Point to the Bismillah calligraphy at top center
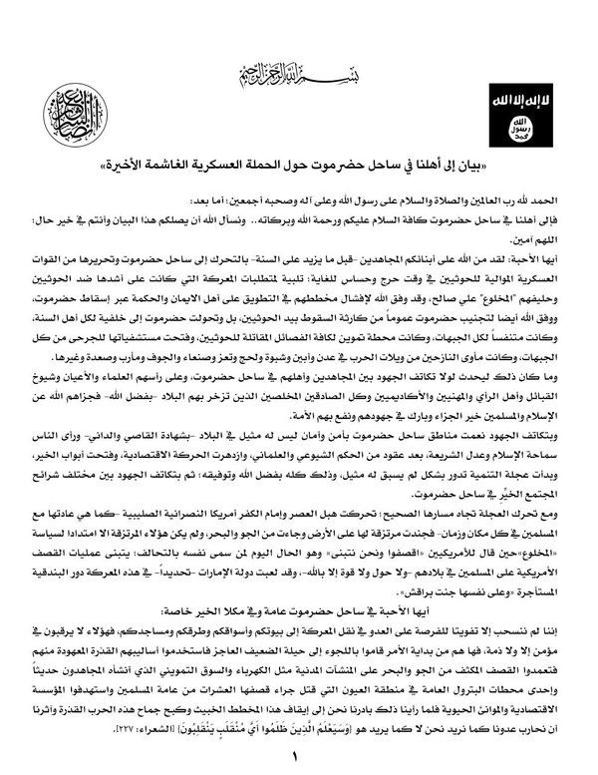pos(298,70)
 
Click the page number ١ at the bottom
pos(296,755)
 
